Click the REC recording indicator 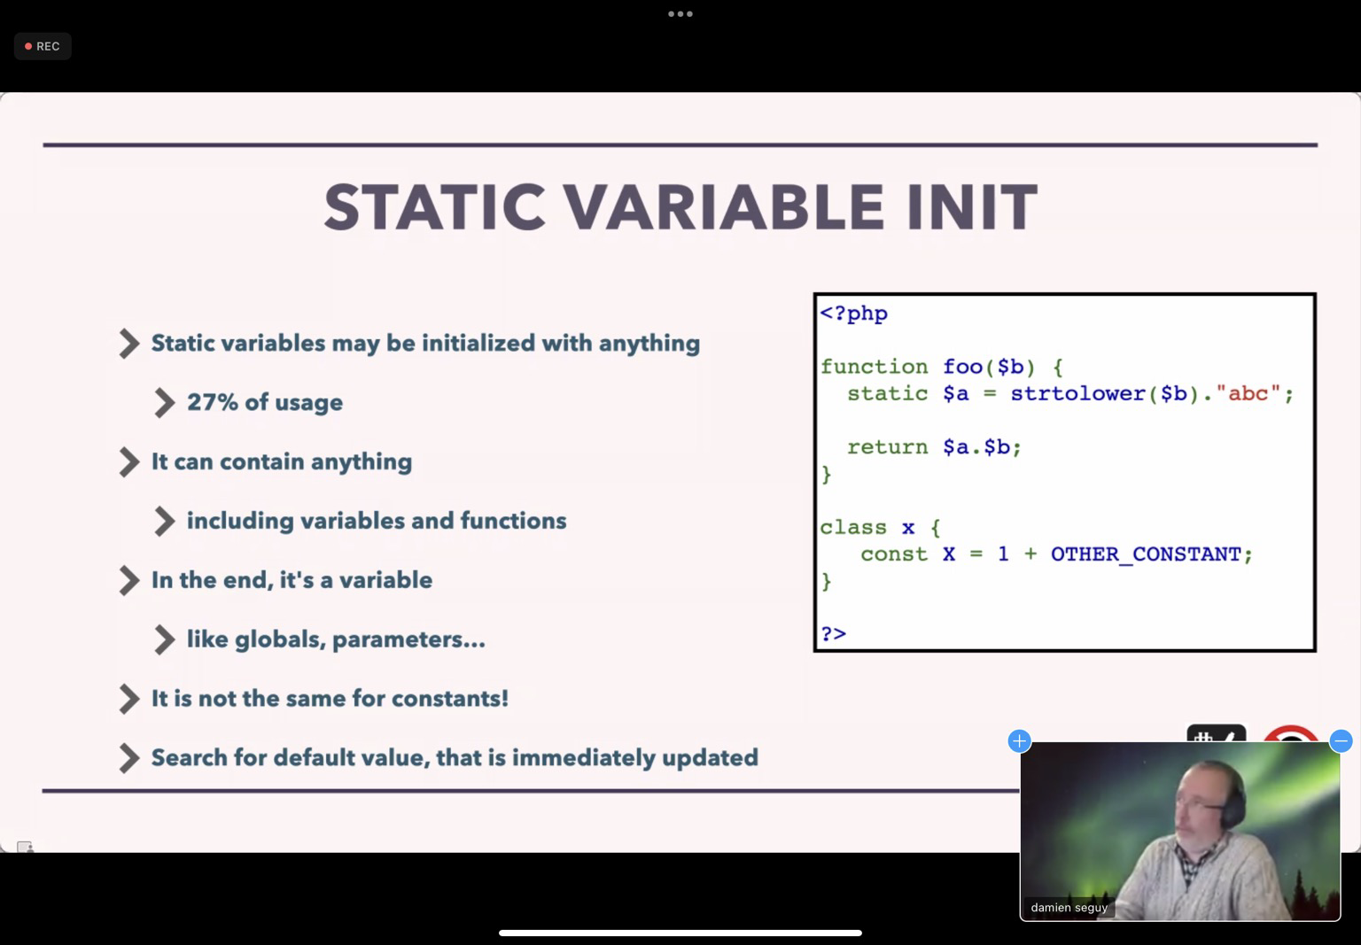[x=43, y=46]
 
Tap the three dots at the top [x=680, y=13]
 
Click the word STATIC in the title [x=435, y=207]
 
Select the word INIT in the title [x=971, y=207]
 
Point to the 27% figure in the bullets [x=213, y=402]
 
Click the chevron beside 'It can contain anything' [x=128, y=461]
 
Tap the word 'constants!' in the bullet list [x=450, y=699]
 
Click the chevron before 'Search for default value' [x=128, y=758]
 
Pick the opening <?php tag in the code [x=853, y=314]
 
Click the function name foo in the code [x=962, y=366]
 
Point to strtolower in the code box [x=1077, y=393]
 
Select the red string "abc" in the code [x=1248, y=393]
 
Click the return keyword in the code [x=887, y=447]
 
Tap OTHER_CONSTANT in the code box [x=1146, y=554]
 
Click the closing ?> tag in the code [x=833, y=634]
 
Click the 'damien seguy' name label [x=1069, y=907]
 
